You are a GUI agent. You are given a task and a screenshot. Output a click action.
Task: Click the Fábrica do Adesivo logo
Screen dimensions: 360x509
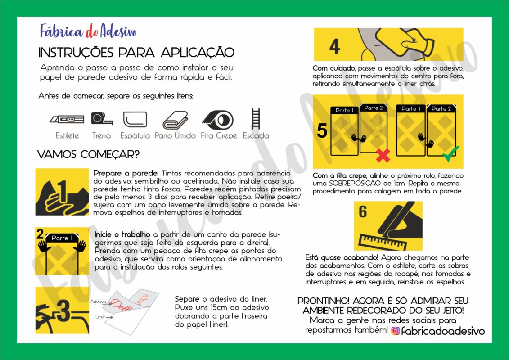click(x=88, y=31)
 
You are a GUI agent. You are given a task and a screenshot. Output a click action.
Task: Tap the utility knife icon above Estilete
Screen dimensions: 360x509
click(x=67, y=120)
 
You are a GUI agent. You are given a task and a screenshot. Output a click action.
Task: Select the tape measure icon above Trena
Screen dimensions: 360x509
click(x=101, y=118)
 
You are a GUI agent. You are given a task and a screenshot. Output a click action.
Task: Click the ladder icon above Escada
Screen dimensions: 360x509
click(x=256, y=119)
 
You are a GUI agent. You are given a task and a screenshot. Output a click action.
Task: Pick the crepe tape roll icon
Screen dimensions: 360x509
click(x=218, y=119)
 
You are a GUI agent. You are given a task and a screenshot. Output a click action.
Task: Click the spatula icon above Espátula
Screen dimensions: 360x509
click(x=135, y=119)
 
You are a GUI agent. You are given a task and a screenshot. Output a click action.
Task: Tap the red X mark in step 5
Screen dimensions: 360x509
click(x=383, y=155)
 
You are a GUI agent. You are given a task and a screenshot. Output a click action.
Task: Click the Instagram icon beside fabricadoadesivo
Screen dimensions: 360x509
click(x=395, y=331)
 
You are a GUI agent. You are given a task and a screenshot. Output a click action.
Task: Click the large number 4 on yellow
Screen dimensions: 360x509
click(x=334, y=46)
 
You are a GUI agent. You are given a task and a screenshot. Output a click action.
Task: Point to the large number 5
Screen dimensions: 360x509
click(x=322, y=130)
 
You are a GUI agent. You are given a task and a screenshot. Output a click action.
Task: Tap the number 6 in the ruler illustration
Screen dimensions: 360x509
click(x=363, y=211)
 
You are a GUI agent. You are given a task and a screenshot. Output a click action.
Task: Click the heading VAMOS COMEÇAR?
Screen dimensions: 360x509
click(x=88, y=154)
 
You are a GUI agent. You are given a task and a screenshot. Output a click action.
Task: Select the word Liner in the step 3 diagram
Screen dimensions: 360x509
click(x=100, y=317)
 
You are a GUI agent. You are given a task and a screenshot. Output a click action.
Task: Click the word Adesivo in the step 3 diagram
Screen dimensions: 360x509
click(x=98, y=301)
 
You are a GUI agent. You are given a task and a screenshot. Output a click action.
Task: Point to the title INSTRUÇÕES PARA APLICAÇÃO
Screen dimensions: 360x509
click(x=136, y=53)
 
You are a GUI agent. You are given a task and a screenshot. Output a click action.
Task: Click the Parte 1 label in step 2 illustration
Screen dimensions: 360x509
click(x=62, y=238)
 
